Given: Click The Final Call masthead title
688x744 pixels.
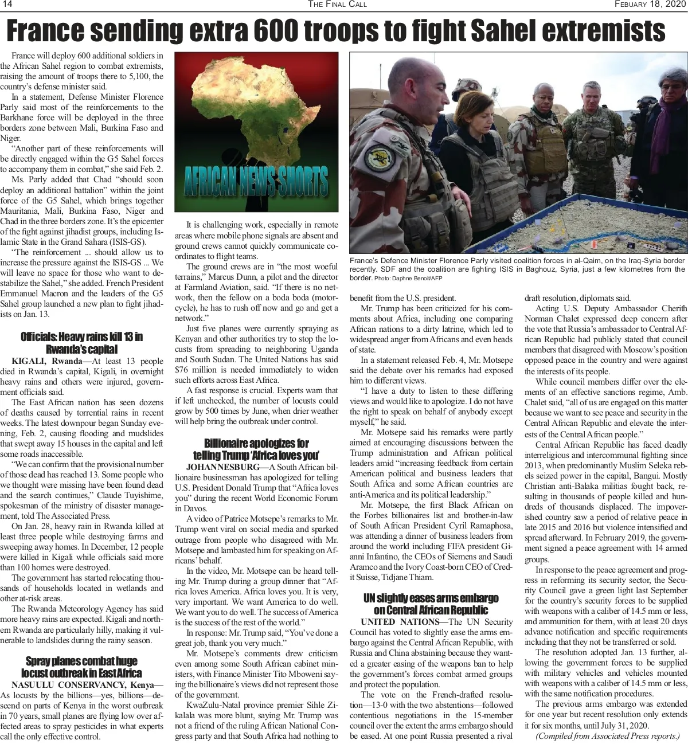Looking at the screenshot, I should (x=337, y=5).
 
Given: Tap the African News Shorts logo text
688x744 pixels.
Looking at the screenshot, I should (x=256, y=183).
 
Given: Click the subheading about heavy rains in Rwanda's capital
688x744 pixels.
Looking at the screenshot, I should (x=81, y=342).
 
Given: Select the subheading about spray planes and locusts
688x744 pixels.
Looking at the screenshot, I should (x=81, y=667).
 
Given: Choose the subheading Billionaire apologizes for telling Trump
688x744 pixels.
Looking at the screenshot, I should (x=256, y=449).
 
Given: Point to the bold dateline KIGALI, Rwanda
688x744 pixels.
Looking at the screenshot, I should (x=46, y=361).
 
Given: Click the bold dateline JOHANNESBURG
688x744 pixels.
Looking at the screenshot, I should (x=222, y=467).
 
